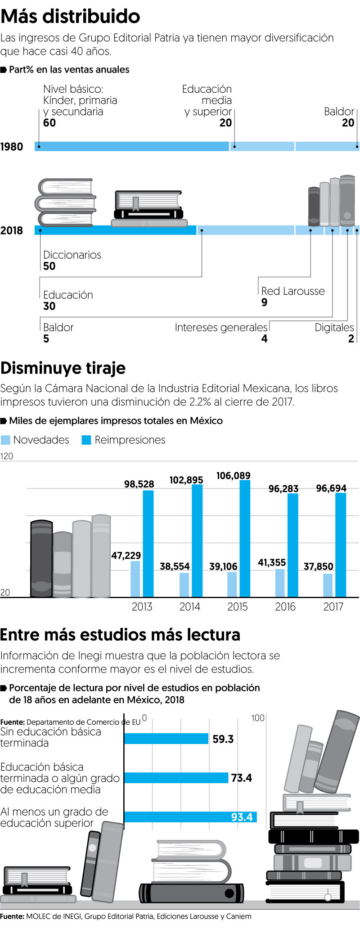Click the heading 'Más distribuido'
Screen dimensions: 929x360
point(70,17)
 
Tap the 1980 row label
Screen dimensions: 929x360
point(12,147)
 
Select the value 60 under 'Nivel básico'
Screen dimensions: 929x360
point(49,123)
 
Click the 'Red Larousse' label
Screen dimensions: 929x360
point(293,291)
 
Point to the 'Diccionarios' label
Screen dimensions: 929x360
point(72,255)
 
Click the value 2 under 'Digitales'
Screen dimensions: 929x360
point(351,339)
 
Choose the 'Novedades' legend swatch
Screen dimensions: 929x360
point(5,440)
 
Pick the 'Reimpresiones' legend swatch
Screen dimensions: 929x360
point(86,440)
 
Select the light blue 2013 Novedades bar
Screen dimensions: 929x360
point(135,579)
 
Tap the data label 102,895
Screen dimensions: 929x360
point(186,480)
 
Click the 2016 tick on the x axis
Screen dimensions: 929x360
point(285,607)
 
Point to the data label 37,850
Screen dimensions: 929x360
point(319,566)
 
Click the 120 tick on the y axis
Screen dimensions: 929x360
point(7,456)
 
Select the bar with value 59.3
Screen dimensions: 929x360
point(166,739)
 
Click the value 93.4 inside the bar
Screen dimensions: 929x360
point(242,817)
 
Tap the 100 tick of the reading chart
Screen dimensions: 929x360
point(258,718)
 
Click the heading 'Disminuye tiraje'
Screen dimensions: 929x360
point(63,368)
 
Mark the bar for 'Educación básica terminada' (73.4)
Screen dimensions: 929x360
point(176,778)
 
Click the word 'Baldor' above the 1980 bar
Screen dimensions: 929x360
point(339,112)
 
